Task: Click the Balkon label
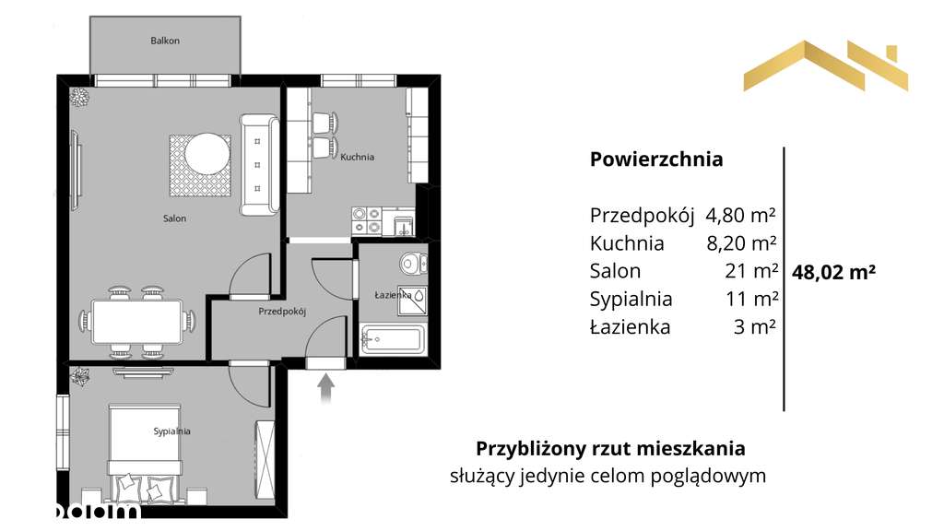(x=165, y=41)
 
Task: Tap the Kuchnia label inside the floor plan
(x=357, y=157)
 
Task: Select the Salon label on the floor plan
(x=175, y=218)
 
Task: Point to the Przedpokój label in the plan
(x=281, y=312)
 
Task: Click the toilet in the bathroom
(x=412, y=264)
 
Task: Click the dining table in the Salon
(x=138, y=322)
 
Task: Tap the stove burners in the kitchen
(x=367, y=219)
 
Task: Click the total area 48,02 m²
(x=833, y=272)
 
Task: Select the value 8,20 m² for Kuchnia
(x=738, y=243)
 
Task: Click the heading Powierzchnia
(x=656, y=159)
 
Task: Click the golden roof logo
(x=825, y=66)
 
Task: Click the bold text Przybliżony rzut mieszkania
(x=610, y=449)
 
